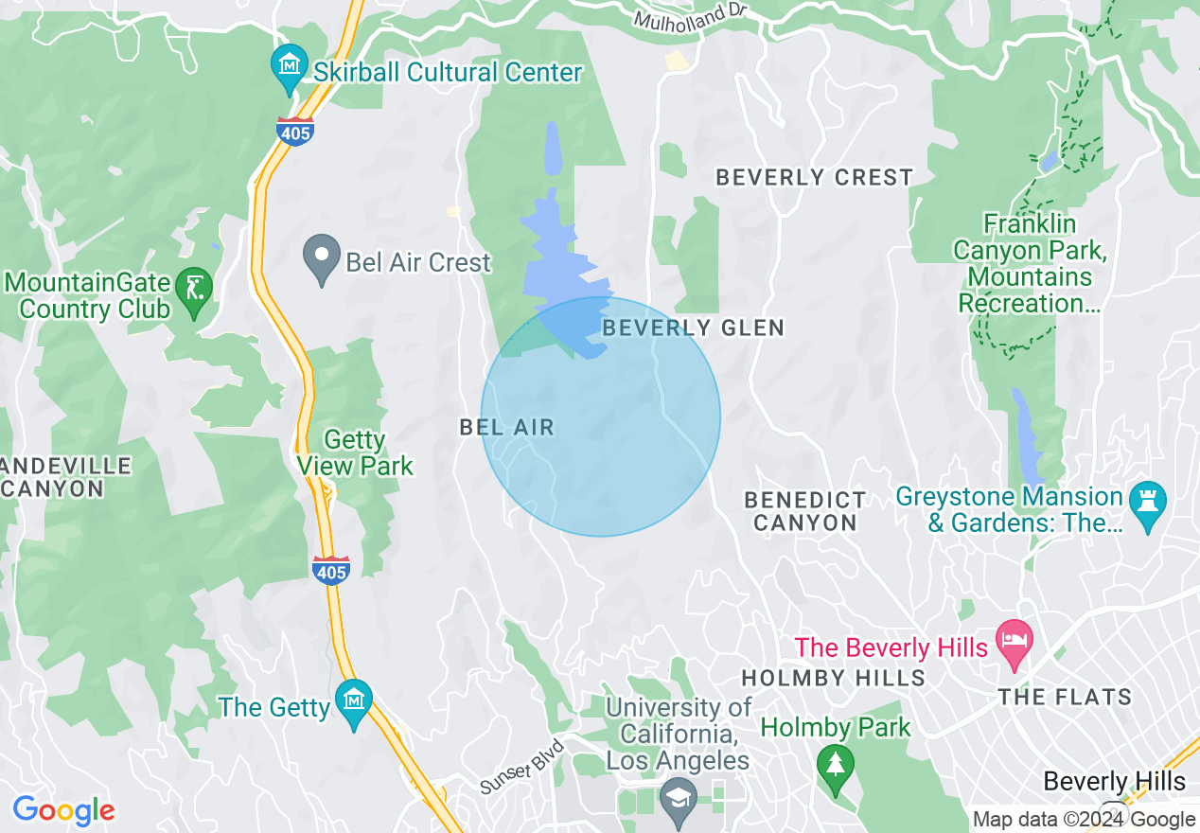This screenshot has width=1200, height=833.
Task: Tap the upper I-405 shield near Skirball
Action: [295, 132]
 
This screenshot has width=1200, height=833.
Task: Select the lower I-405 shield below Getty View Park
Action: [330, 570]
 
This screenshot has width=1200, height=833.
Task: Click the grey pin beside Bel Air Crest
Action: [321, 257]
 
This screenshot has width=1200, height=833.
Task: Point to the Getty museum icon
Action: [354, 701]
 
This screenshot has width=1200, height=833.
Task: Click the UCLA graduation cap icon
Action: [679, 797]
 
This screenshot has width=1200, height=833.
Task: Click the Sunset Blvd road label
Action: [522, 767]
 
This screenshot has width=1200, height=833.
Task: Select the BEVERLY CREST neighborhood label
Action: [814, 177]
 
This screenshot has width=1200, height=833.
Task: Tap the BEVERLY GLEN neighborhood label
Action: [693, 328]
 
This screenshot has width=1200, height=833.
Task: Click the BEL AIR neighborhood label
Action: [506, 427]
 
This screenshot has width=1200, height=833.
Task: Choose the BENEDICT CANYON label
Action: [804, 510]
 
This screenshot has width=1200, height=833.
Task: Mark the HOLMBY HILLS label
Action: [833, 678]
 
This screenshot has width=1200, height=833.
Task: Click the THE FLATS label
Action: [1065, 698]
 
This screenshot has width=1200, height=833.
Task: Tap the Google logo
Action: [63, 810]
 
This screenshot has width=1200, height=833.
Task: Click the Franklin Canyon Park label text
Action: [1030, 264]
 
